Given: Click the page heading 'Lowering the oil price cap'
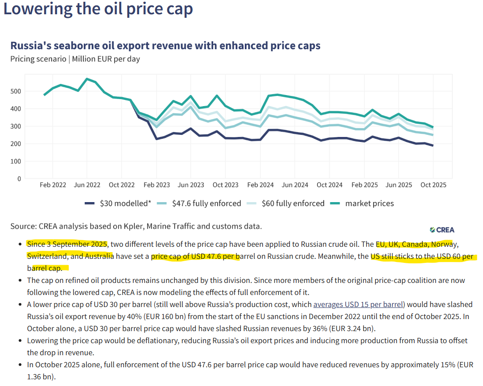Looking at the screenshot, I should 98,9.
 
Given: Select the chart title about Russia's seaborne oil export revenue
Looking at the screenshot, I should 165,46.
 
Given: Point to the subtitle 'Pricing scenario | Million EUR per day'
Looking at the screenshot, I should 75,59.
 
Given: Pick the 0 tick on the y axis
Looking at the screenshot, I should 19,178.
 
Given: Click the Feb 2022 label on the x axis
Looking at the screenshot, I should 53,185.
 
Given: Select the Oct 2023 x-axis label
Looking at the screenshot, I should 225,185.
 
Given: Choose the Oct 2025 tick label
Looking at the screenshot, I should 433,185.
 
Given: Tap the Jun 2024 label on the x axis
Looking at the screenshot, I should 295,185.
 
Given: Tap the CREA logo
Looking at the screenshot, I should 442,230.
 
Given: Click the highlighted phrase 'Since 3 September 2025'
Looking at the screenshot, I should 67,244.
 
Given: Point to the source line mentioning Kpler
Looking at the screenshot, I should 136,226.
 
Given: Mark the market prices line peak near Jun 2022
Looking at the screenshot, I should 87,79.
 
